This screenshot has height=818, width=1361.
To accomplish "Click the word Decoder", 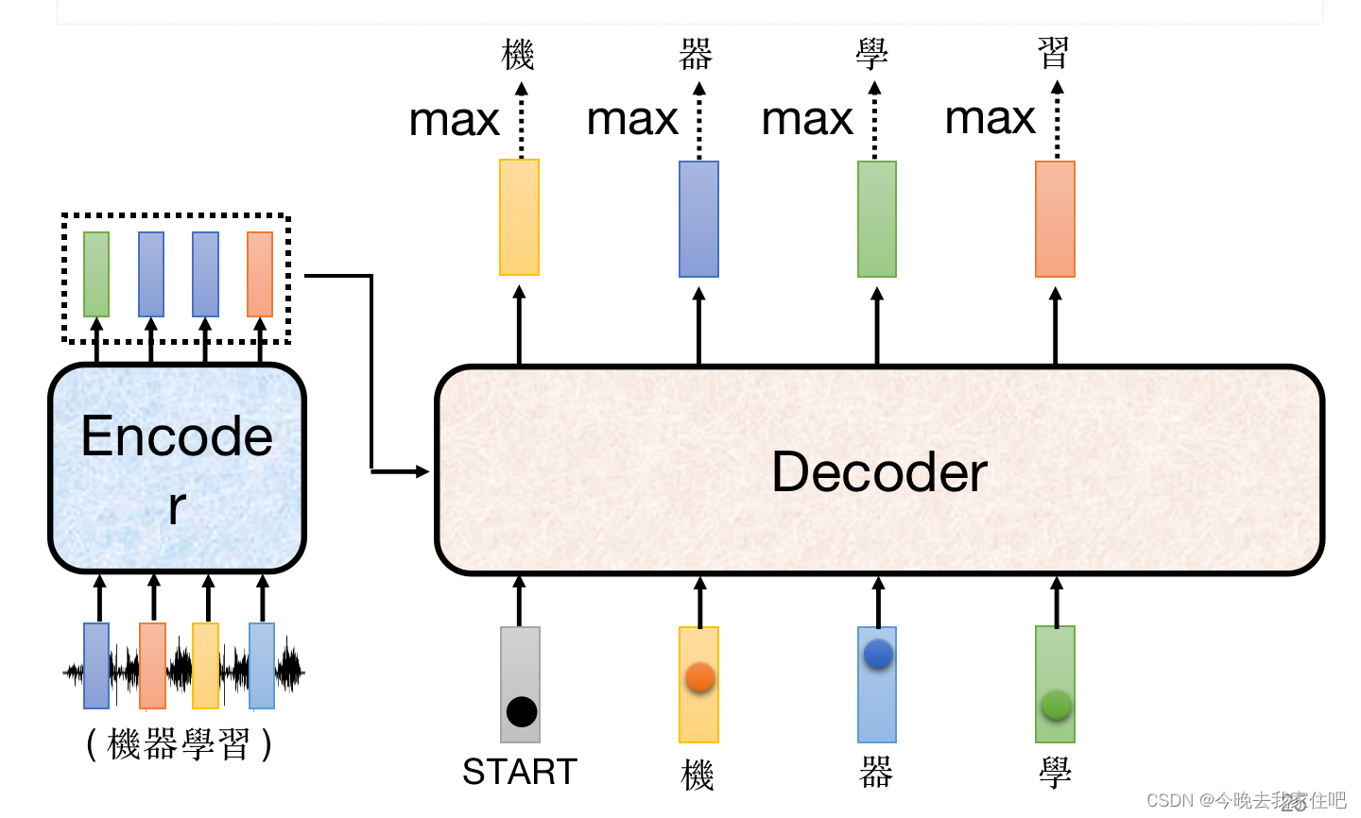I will click(x=879, y=472).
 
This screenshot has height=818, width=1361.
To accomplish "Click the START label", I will click(x=519, y=773).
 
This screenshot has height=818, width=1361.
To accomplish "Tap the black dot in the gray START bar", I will click(x=521, y=711).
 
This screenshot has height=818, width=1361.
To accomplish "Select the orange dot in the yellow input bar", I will click(x=699, y=676).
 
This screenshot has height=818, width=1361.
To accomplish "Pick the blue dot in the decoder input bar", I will click(x=878, y=654).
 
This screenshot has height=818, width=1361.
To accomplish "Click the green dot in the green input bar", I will click(x=1056, y=705).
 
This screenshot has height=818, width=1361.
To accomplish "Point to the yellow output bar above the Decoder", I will click(x=519, y=217).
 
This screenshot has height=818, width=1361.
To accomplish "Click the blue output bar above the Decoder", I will click(x=698, y=219).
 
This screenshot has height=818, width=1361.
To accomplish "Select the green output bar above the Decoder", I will click(x=876, y=219).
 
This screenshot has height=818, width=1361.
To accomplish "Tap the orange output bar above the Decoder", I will click(x=1055, y=219).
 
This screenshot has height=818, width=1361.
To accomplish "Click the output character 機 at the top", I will click(x=518, y=55).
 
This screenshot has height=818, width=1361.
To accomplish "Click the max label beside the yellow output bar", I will click(x=454, y=121).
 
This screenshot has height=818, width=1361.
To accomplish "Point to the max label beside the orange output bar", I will click(x=990, y=119).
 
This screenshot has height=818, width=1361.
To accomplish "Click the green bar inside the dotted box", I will click(x=96, y=274).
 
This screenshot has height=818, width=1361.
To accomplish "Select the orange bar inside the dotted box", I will click(x=260, y=274).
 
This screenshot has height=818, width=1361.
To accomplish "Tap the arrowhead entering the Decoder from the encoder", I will click(x=422, y=471).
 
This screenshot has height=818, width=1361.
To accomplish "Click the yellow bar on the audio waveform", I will click(x=205, y=665).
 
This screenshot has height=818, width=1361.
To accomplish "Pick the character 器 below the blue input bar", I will click(x=876, y=774).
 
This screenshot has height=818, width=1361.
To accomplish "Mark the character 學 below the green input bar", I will click(x=1055, y=774).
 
